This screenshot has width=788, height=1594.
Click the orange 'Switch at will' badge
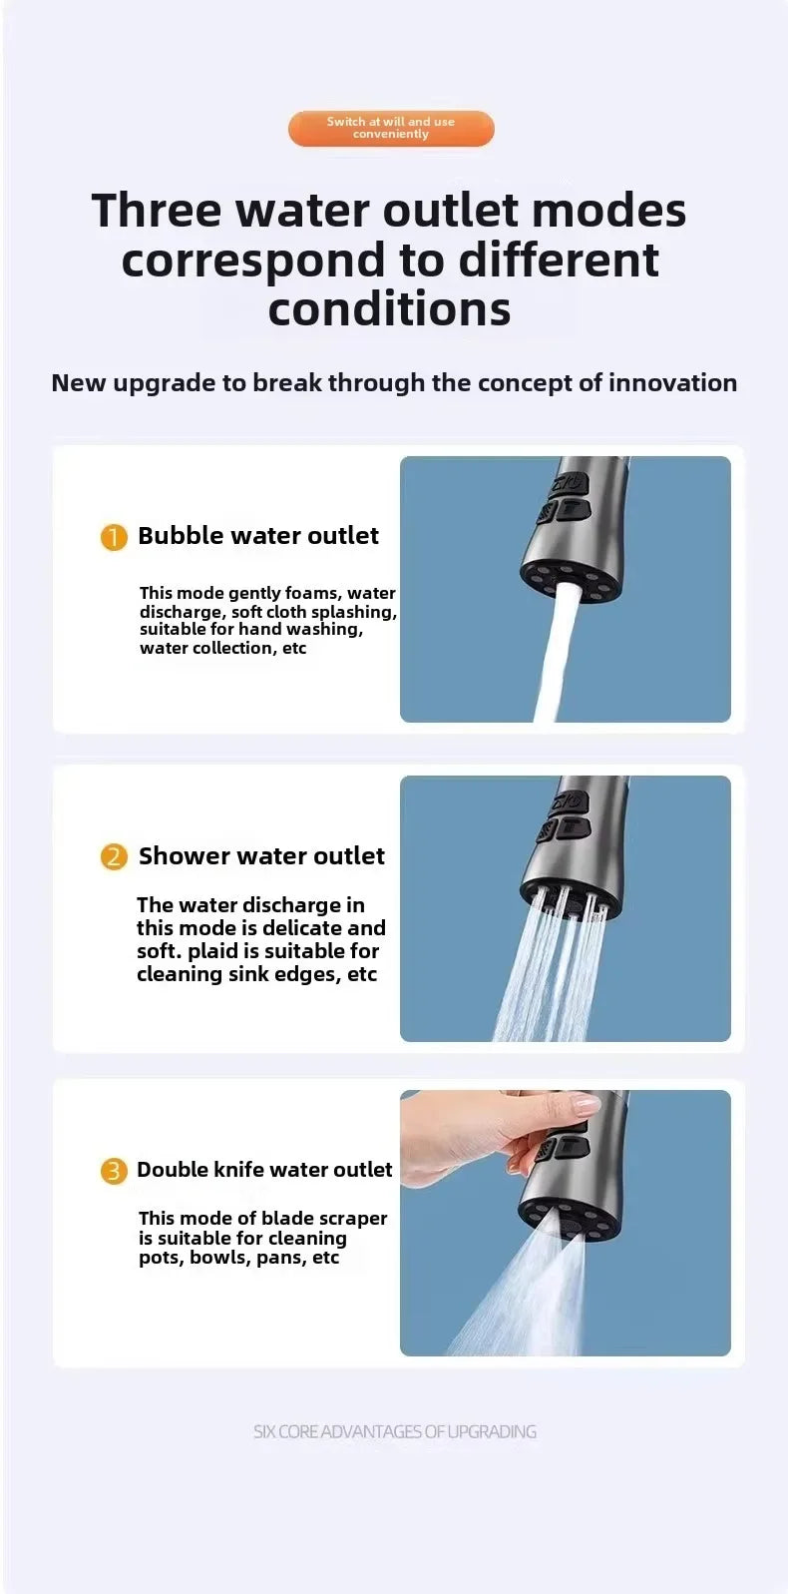[391, 128]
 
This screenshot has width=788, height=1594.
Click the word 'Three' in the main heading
[157, 211]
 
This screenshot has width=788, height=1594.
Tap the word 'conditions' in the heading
[389, 308]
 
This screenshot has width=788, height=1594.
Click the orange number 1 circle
[114, 537]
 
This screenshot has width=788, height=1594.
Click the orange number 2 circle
[114, 856]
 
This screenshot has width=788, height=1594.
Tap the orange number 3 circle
[114, 1170]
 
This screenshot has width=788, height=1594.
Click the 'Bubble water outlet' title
[258, 536]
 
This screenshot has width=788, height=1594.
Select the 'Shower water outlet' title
[261, 855]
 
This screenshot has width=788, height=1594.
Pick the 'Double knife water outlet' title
[264, 1169]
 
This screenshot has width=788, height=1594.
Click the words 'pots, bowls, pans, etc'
[238, 1258]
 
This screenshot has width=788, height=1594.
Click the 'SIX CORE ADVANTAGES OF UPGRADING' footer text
[394, 1431]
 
